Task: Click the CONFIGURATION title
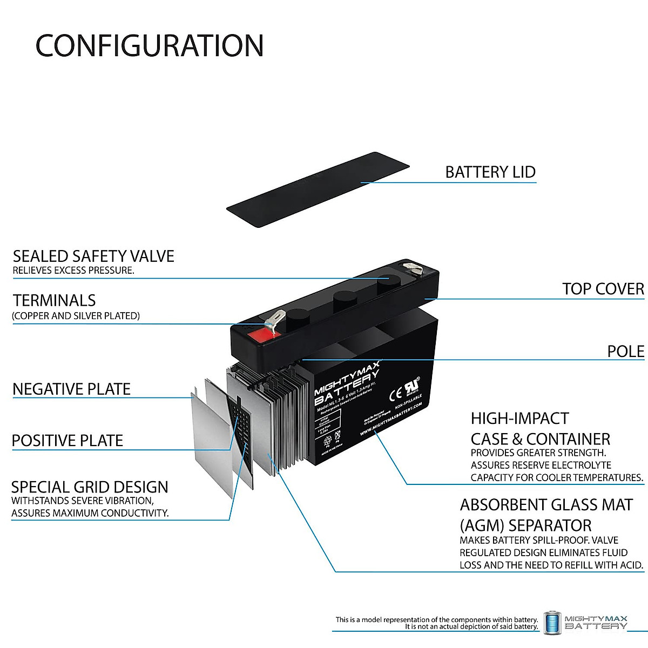150,46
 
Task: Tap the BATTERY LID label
490,172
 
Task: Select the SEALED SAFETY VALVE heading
93,256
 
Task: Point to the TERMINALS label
54,300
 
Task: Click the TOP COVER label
603,289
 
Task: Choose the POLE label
625,352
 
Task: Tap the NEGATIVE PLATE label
71,389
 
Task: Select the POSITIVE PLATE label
67,441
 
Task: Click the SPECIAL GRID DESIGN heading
90,487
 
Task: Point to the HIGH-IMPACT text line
519,418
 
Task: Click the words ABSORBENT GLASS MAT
546,505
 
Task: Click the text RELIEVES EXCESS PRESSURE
73,271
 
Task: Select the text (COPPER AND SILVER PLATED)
76,316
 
